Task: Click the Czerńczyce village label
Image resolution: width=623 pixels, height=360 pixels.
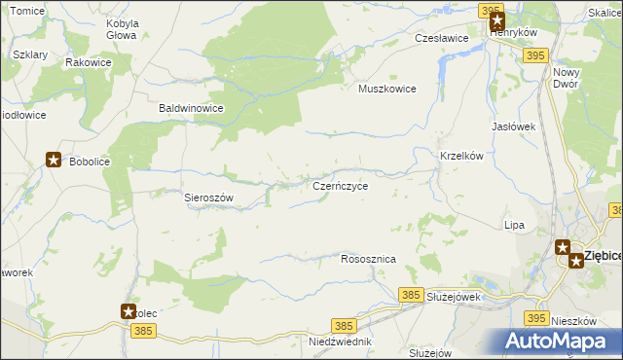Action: coord(340,185)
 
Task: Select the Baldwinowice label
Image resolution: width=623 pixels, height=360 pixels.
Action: coord(192,109)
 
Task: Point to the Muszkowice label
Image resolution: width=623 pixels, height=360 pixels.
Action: coord(387,89)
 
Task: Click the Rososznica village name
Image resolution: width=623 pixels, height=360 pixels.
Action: coord(368,260)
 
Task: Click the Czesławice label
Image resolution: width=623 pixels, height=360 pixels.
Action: coord(442,38)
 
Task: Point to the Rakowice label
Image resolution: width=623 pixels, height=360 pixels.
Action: coord(88,62)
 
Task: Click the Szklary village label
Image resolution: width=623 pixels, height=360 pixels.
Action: coord(31,55)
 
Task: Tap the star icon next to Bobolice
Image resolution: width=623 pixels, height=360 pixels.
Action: coord(54,161)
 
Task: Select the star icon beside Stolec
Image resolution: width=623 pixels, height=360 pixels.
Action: coord(128,311)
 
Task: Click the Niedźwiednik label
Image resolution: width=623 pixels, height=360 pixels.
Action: coord(340,342)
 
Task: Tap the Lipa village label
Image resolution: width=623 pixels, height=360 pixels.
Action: coord(514,225)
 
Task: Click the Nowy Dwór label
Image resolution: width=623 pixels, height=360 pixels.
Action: coord(565,78)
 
